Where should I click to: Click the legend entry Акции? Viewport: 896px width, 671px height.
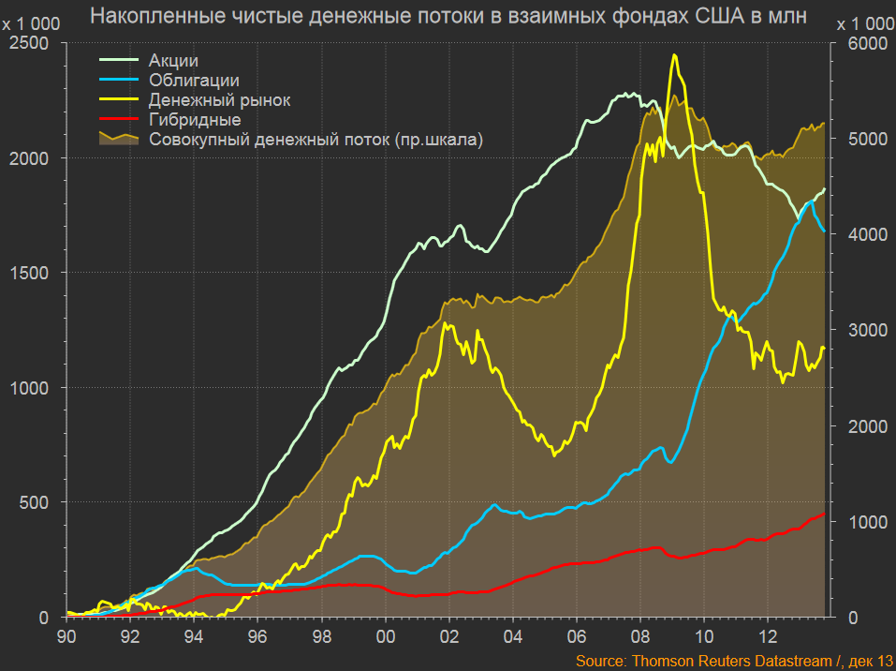coord(173,61)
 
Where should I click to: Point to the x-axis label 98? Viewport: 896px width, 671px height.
coord(322,634)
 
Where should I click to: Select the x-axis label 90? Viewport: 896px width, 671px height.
coord(66,634)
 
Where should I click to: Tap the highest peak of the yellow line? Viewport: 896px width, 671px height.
coord(674,55)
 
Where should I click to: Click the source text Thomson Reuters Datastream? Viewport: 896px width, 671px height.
coord(729,661)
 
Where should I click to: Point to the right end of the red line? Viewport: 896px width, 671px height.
coord(825,513)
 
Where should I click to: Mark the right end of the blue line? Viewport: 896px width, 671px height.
coord(824,230)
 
